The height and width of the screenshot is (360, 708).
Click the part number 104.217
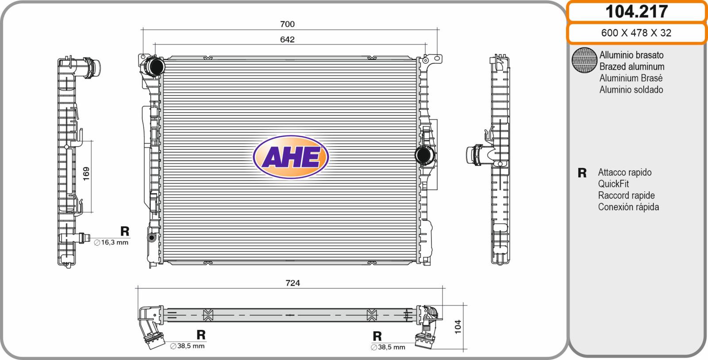(x=636, y=12)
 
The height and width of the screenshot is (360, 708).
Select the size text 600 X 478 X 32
(x=636, y=33)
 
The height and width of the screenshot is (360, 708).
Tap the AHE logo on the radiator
(x=291, y=157)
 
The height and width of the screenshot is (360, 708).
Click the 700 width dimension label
(x=287, y=24)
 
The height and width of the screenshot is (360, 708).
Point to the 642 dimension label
(x=287, y=39)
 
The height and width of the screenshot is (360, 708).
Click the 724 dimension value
(x=292, y=283)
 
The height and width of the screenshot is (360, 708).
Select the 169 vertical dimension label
(x=86, y=174)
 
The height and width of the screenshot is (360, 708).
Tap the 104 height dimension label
(x=458, y=327)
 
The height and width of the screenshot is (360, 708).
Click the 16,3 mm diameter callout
(x=111, y=243)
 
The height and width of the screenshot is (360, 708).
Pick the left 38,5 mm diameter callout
(x=188, y=346)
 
